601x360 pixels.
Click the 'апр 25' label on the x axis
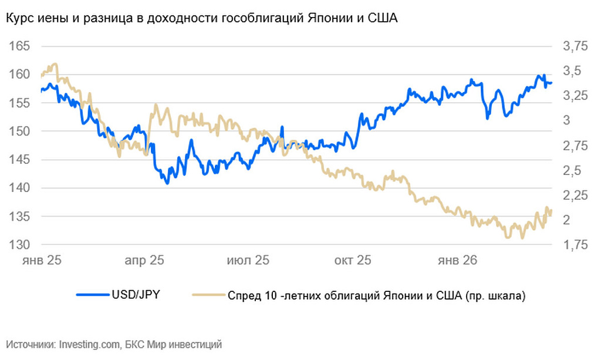pyautogui.click(x=145, y=260)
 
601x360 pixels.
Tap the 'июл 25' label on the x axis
pyautogui.click(x=249, y=260)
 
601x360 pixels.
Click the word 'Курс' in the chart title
pyautogui.click(x=19, y=19)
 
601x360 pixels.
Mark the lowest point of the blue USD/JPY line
pyautogui.click(x=167, y=183)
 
